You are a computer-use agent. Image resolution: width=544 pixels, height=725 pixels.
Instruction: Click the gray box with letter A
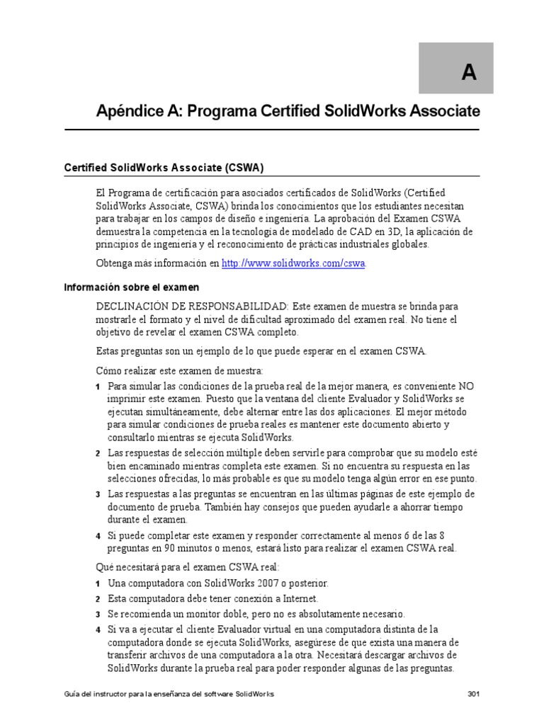pos(465,69)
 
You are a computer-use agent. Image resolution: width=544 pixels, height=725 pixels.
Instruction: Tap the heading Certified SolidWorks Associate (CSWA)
pos(164,168)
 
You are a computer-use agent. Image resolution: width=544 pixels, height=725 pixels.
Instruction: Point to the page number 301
pos(474,695)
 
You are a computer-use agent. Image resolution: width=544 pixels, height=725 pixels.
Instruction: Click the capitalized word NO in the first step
pos(465,387)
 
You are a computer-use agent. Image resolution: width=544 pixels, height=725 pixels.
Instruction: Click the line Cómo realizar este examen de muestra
pos(180,370)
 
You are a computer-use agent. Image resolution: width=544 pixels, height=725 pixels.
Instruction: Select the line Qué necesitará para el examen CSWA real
pos(188,567)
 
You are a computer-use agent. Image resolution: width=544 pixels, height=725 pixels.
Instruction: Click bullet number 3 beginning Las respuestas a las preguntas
pos(98,494)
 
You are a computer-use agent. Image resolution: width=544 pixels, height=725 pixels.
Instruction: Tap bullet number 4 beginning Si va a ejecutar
pos(98,629)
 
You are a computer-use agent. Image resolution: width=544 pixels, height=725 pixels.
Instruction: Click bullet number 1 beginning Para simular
pos(98,387)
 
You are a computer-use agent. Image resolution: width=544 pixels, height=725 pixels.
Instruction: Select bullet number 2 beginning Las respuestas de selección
pos(98,453)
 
